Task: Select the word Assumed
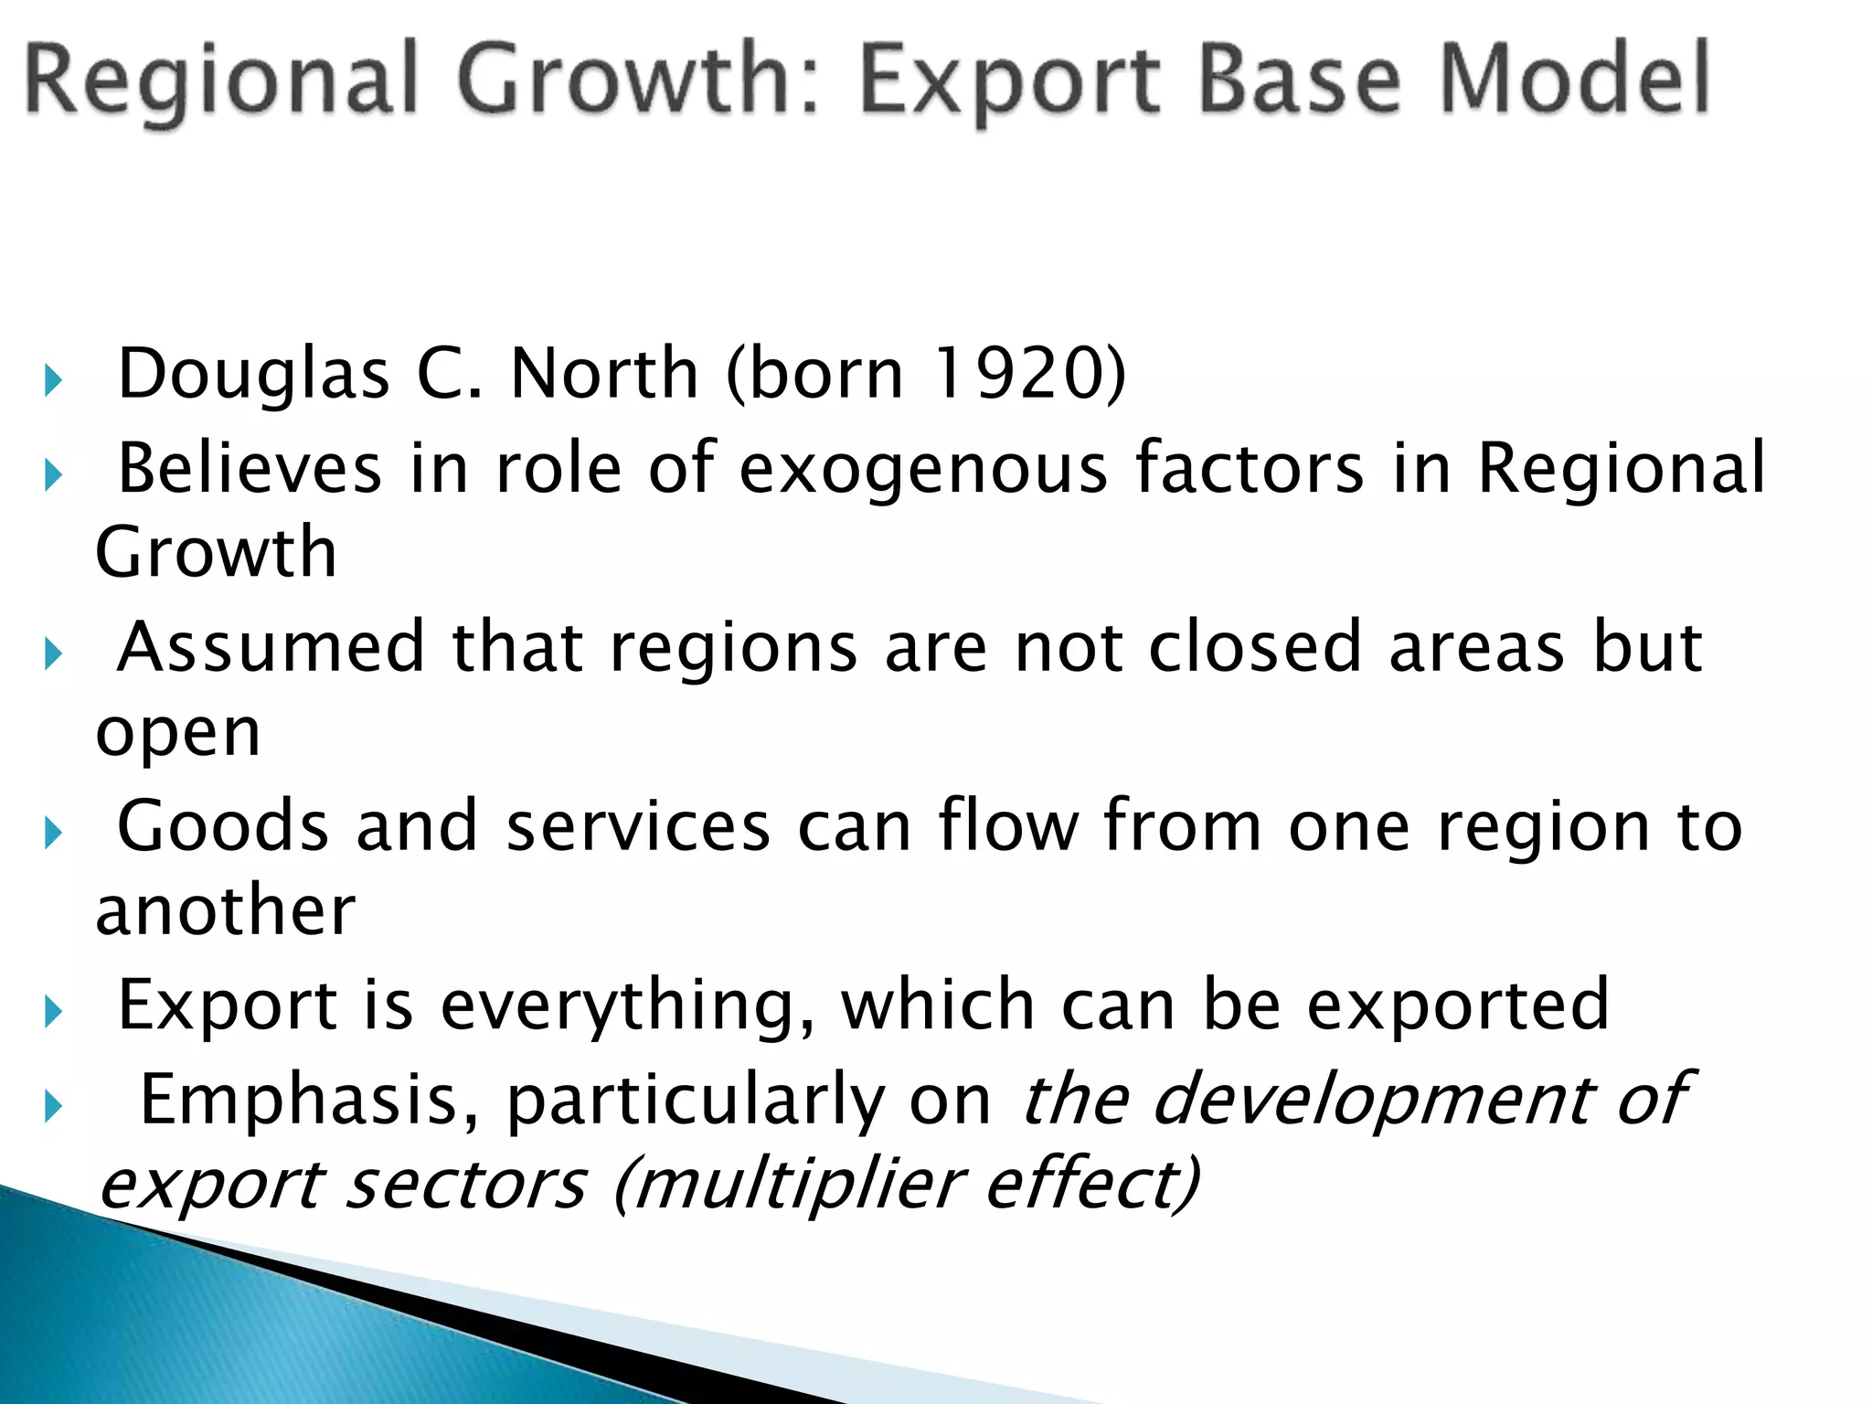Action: point(271,647)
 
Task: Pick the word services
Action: point(638,826)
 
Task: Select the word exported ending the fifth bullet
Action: point(1457,1005)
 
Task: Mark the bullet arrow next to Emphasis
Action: point(52,1107)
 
